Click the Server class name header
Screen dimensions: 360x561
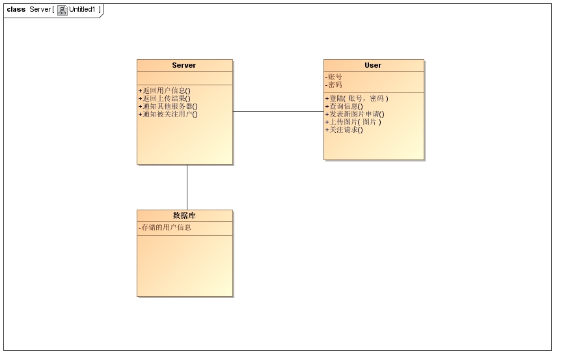(x=184, y=65)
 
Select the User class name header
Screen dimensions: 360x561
(x=373, y=65)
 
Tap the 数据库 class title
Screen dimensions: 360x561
(x=184, y=215)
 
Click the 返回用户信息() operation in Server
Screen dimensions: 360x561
(x=165, y=90)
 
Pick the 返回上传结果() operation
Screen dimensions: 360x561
(x=165, y=98)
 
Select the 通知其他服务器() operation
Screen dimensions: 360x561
(x=168, y=106)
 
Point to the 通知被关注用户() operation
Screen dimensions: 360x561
(x=168, y=114)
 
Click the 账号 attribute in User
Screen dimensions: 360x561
(x=335, y=77)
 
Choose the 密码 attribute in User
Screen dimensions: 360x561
(x=335, y=85)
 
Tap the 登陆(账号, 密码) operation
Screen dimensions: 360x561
(x=357, y=98)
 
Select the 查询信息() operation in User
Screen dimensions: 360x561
(x=344, y=106)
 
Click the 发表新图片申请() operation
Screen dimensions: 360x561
(x=355, y=114)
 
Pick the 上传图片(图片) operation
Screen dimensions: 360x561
(x=353, y=122)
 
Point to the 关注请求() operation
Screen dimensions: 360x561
(x=344, y=130)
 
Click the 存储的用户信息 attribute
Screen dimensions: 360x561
(x=165, y=228)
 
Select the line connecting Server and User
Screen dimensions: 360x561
(x=278, y=112)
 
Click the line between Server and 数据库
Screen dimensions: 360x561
(x=187, y=187)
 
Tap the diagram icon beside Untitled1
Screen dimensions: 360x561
(x=62, y=10)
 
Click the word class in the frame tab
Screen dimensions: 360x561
(x=16, y=10)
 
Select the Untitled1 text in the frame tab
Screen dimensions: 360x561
(x=83, y=10)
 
